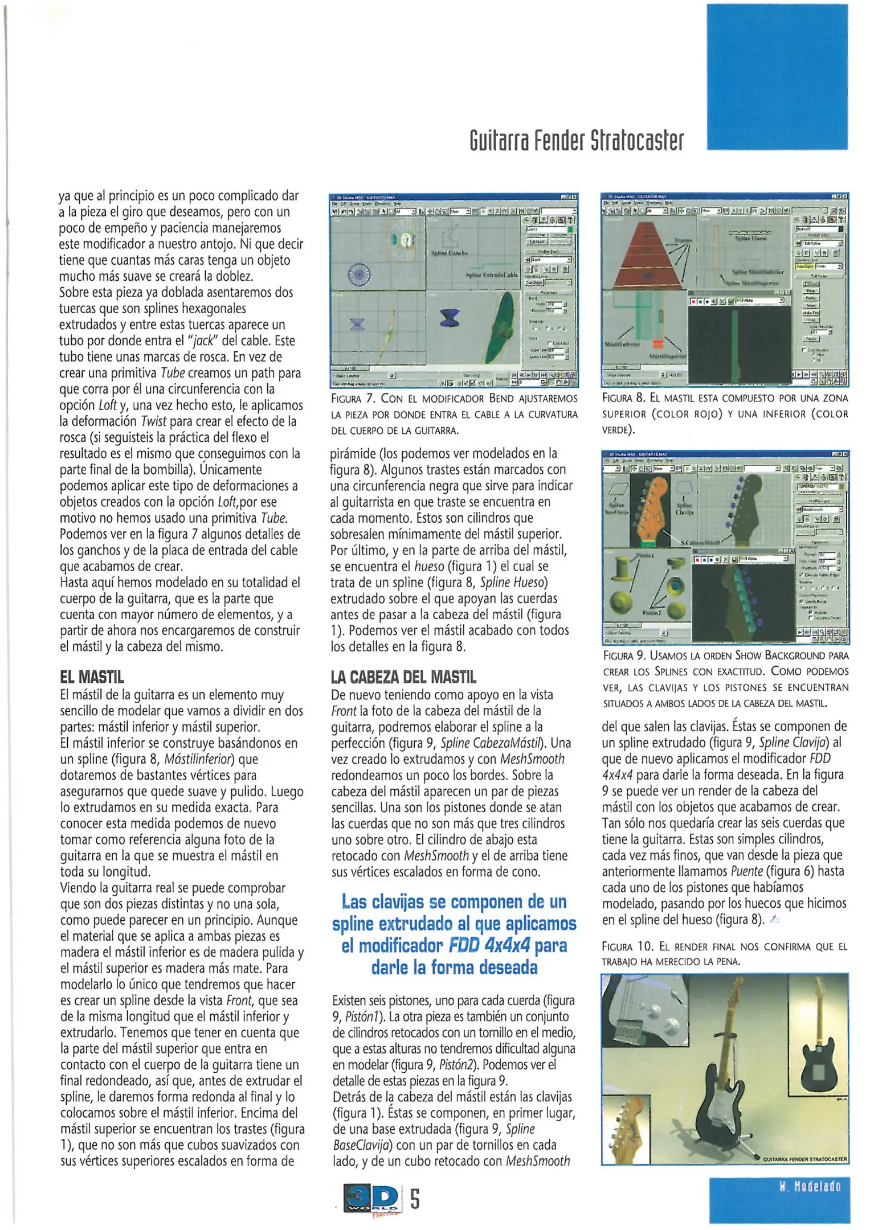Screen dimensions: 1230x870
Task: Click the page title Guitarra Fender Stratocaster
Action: pos(576,141)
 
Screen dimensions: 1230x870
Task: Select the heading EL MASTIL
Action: pos(92,677)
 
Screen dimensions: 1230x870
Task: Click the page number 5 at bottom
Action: pos(415,1199)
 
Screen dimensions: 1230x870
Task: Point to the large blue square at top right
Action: pos(777,77)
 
